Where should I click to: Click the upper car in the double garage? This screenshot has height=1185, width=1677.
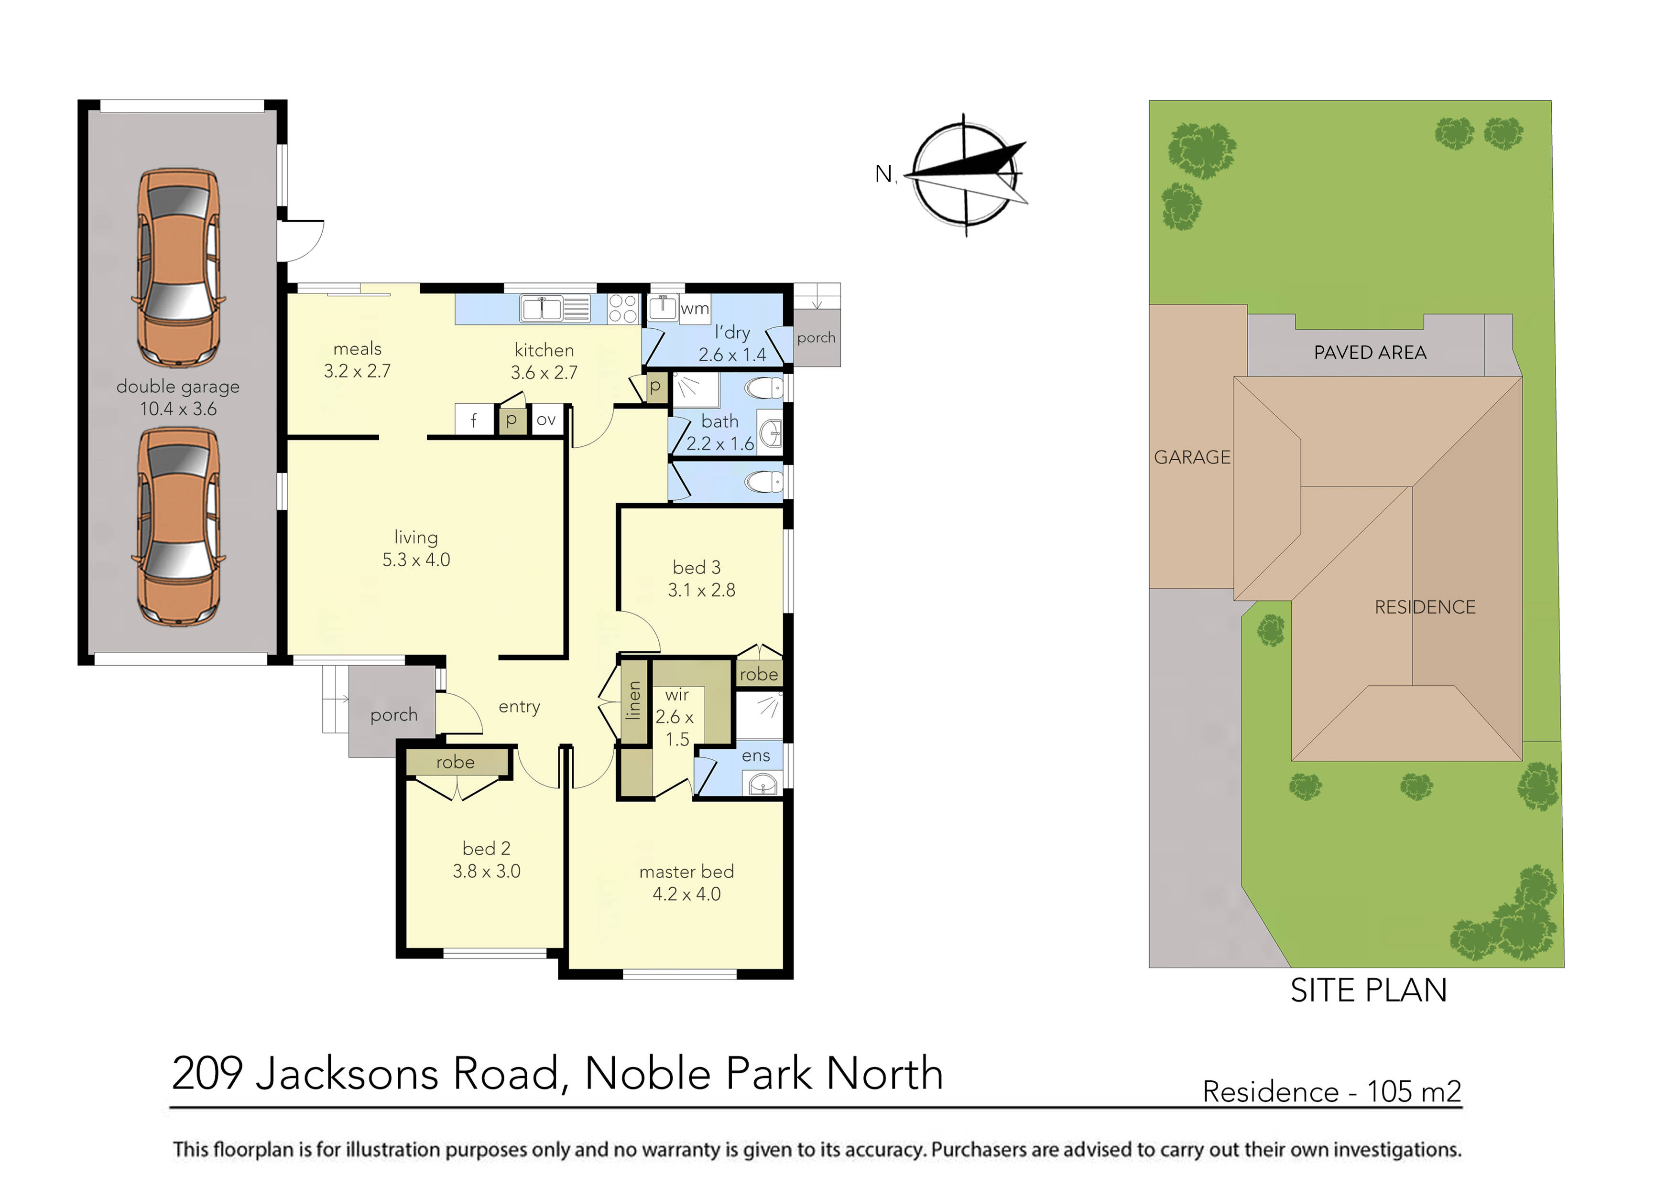178,268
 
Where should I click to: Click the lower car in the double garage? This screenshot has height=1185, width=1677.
178,527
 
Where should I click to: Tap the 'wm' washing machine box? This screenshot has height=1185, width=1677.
695,309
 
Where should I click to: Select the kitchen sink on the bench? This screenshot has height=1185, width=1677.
555,309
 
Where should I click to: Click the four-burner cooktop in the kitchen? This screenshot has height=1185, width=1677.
623,308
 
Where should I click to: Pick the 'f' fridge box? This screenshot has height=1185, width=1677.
473,420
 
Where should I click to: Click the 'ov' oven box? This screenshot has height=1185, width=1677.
546,420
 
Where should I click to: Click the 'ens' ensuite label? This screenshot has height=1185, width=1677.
756,756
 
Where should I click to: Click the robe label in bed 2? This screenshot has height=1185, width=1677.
455,762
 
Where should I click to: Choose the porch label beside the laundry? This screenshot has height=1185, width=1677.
816,337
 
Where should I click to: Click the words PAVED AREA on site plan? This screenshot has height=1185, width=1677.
1370,353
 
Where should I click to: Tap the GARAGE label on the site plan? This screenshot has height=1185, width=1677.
1192,457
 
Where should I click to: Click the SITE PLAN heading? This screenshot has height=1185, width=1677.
1368,991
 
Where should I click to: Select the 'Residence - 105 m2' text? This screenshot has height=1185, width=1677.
1331,1091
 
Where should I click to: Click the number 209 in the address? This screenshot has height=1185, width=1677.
207,1074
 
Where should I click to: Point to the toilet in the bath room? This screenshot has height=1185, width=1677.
765,388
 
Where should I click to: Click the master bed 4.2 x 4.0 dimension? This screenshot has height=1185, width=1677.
686,894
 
